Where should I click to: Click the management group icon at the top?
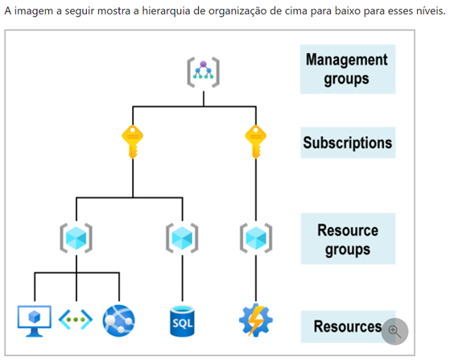[x=203, y=72]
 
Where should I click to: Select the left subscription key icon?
[x=133, y=142]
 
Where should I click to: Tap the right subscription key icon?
[x=256, y=142]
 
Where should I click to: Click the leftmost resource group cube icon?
[x=76, y=238]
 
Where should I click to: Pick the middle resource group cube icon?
[x=182, y=238]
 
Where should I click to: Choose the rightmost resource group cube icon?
[x=256, y=238]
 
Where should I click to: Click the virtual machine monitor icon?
[x=35, y=321]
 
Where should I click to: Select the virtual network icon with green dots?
[x=76, y=320]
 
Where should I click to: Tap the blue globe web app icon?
[x=118, y=321]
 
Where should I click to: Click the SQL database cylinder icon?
[x=182, y=321]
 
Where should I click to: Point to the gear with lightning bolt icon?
[x=256, y=320]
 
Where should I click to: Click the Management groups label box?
[x=348, y=69]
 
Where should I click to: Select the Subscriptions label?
[x=348, y=143]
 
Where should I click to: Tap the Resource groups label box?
[x=348, y=238]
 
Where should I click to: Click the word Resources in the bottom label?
[x=348, y=326]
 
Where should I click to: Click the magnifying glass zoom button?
[x=394, y=331]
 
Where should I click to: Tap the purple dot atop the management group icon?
[x=203, y=64]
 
